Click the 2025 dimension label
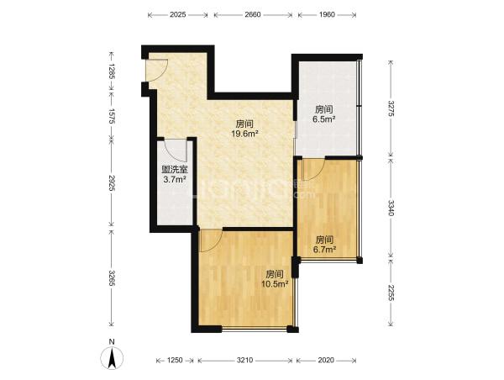[178, 14]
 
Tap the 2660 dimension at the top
[253, 14]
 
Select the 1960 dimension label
[327, 14]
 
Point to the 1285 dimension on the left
[112, 71]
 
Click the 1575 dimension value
[112, 116]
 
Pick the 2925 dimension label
[112, 183]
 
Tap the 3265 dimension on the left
[112, 278]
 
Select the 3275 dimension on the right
[391, 108]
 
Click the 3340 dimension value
[391, 208]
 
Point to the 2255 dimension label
[391, 293]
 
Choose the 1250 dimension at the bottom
[175, 361]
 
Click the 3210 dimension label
[245, 361]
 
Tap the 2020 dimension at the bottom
[326, 361]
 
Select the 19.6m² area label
[245, 134]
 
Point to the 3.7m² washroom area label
[175, 179]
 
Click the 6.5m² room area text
[324, 119]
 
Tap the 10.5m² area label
[275, 284]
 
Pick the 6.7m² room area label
[324, 250]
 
